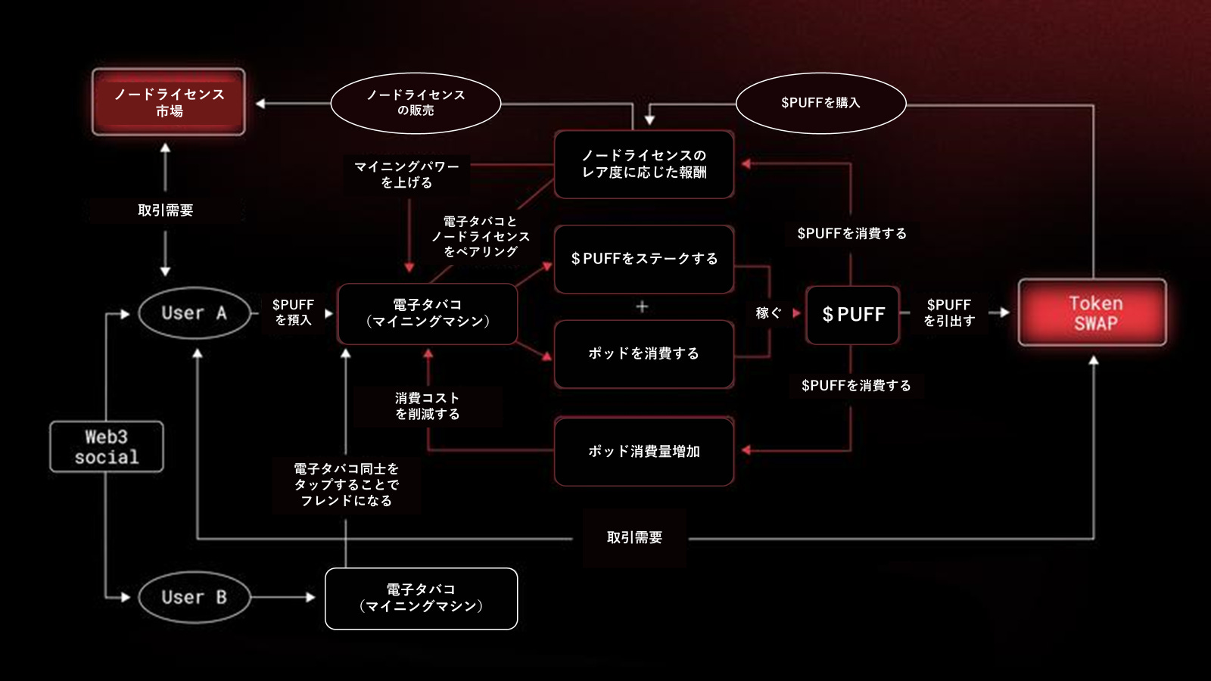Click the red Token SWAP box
(x=1092, y=313)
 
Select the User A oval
(x=194, y=313)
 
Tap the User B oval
(x=194, y=597)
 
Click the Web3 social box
(x=107, y=446)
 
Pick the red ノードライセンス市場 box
(x=169, y=102)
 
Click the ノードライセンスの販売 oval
(x=416, y=103)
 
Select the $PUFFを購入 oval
(x=820, y=103)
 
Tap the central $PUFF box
(x=853, y=315)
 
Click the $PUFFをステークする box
(x=644, y=259)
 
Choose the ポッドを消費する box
(x=644, y=353)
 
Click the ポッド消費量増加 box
(x=644, y=451)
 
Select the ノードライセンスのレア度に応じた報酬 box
(x=644, y=164)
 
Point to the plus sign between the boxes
(x=642, y=306)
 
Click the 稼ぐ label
(x=767, y=313)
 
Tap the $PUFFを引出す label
(x=949, y=313)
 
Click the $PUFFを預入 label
(x=293, y=312)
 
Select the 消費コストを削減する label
(x=428, y=406)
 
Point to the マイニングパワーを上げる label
(x=407, y=174)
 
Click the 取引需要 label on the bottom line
(x=634, y=538)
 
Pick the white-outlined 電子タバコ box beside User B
(x=421, y=599)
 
